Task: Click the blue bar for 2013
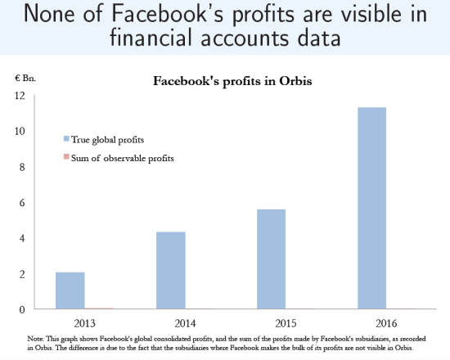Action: [x=70, y=290]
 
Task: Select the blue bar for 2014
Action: [x=171, y=270]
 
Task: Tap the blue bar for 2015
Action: [x=272, y=259]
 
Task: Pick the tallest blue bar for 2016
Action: [x=372, y=208]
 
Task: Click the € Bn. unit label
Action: [x=25, y=79]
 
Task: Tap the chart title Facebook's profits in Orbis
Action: [x=223, y=81]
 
